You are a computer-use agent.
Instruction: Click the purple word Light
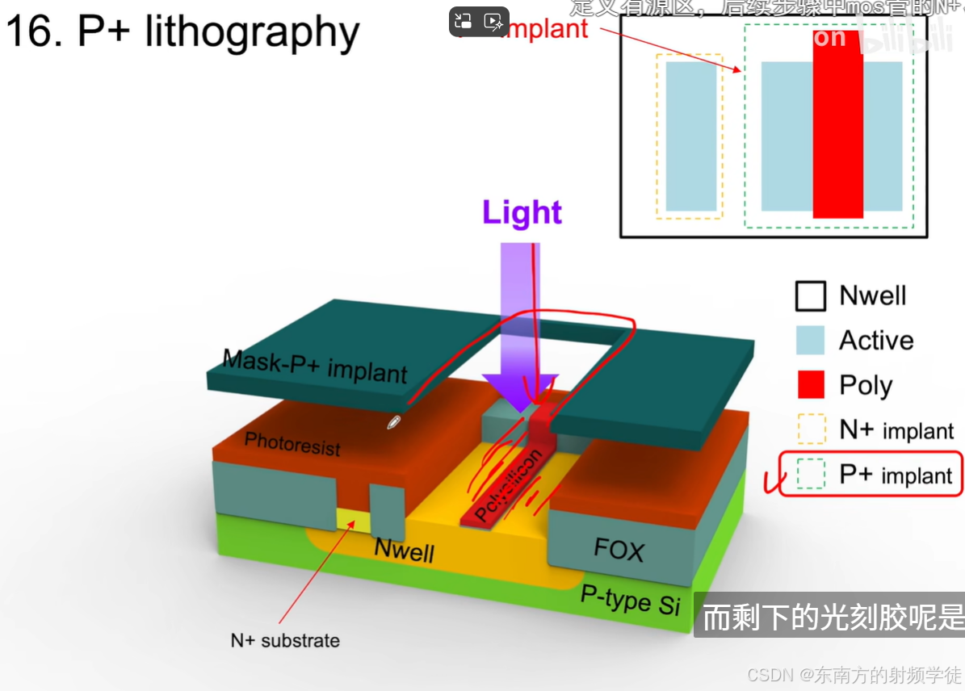point(522,212)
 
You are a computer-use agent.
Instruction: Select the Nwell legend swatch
point(810,296)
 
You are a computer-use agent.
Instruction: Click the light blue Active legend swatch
point(810,341)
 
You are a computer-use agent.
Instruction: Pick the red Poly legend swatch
point(810,385)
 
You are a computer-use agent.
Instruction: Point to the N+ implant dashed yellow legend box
point(810,429)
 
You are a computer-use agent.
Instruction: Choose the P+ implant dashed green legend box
point(810,474)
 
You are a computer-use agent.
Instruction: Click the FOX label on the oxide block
point(619,550)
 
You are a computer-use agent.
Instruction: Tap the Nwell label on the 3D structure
point(404,551)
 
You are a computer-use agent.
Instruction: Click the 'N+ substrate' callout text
point(285,641)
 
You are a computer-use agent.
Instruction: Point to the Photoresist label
point(292,443)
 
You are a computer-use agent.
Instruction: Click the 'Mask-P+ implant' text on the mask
point(315,366)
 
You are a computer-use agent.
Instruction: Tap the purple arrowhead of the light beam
point(519,391)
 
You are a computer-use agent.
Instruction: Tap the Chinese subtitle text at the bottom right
point(833,618)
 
